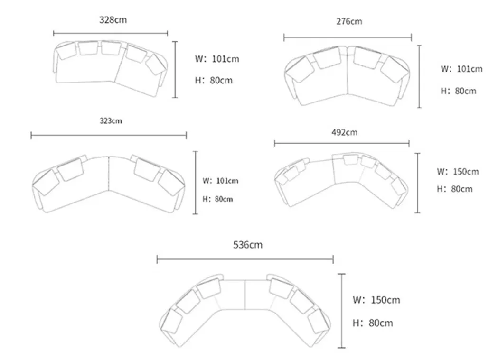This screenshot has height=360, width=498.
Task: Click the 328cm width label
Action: pyautogui.click(x=113, y=20)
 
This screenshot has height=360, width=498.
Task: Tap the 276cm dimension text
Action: pyautogui.click(x=349, y=21)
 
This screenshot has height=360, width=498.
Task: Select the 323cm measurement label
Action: pyautogui.click(x=111, y=121)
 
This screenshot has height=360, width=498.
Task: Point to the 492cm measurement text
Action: pyautogui.click(x=345, y=132)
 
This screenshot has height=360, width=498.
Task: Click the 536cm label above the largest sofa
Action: pyautogui.click(x=248, y=245)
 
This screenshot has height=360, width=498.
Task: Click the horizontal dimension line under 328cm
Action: pyautogui.click(x=111, y=33)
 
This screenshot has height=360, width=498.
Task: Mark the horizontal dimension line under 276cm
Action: pyautogui.click(x=348, y=37)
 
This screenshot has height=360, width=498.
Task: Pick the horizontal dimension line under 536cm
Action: pyautogui.click(x=245, y=259)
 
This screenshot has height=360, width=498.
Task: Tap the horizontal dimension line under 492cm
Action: pyautogui.click(x=342, y=143)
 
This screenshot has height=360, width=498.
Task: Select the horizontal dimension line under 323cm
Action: pyautogui.click(x=109, y=136)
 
